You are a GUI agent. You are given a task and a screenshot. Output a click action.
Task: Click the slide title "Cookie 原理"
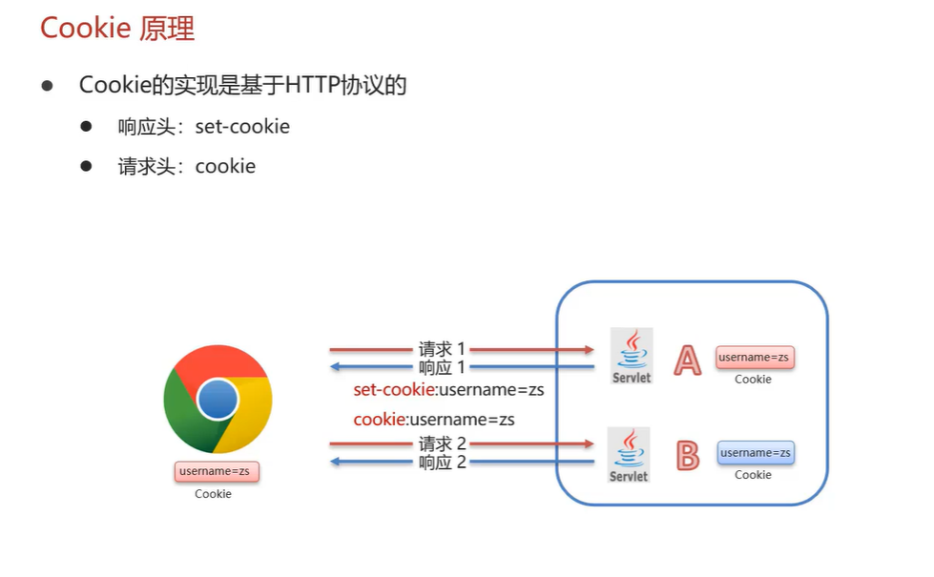[117, 28]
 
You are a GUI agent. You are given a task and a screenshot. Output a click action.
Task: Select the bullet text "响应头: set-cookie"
[203, 127]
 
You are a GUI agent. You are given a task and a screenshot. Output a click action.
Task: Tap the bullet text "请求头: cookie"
[186, 167]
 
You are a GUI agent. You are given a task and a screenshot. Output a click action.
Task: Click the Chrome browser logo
[218, 399]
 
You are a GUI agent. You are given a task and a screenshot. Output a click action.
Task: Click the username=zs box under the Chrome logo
[218, 471]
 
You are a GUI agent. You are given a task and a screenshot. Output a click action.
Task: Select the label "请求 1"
[442, 350]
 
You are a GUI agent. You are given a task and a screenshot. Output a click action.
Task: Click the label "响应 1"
[442, 368]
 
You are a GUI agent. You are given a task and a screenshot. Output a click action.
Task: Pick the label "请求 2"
[442, 443]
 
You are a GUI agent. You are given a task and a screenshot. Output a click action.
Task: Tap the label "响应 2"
[442, 463]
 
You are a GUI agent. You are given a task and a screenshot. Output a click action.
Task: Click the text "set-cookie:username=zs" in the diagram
[448, 390]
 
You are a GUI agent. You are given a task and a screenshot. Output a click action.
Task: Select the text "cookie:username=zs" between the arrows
[434, 419]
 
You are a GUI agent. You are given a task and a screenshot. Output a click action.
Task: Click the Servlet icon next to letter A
[632, 356]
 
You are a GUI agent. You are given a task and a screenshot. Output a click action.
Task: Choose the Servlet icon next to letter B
[629, 454]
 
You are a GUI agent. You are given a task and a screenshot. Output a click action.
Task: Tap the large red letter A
[688, 360]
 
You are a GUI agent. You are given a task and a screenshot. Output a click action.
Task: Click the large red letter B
[687, 456]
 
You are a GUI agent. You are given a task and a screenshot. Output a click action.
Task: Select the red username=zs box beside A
[755, 358]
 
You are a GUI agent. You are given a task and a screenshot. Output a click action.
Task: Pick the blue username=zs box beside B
[756, 453]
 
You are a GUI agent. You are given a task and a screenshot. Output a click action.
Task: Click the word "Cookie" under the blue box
[753, 475]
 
